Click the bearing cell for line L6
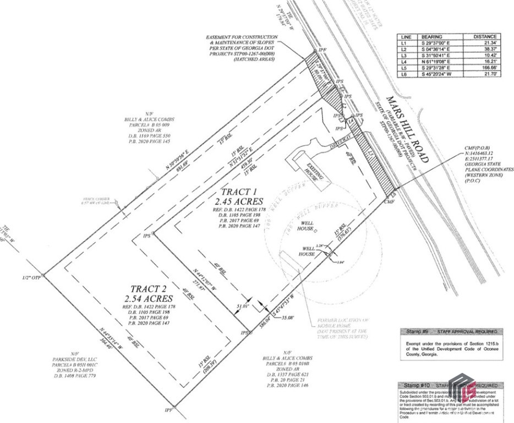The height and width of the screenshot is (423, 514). click(439, 74)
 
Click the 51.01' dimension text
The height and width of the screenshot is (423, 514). click(242, 305)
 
